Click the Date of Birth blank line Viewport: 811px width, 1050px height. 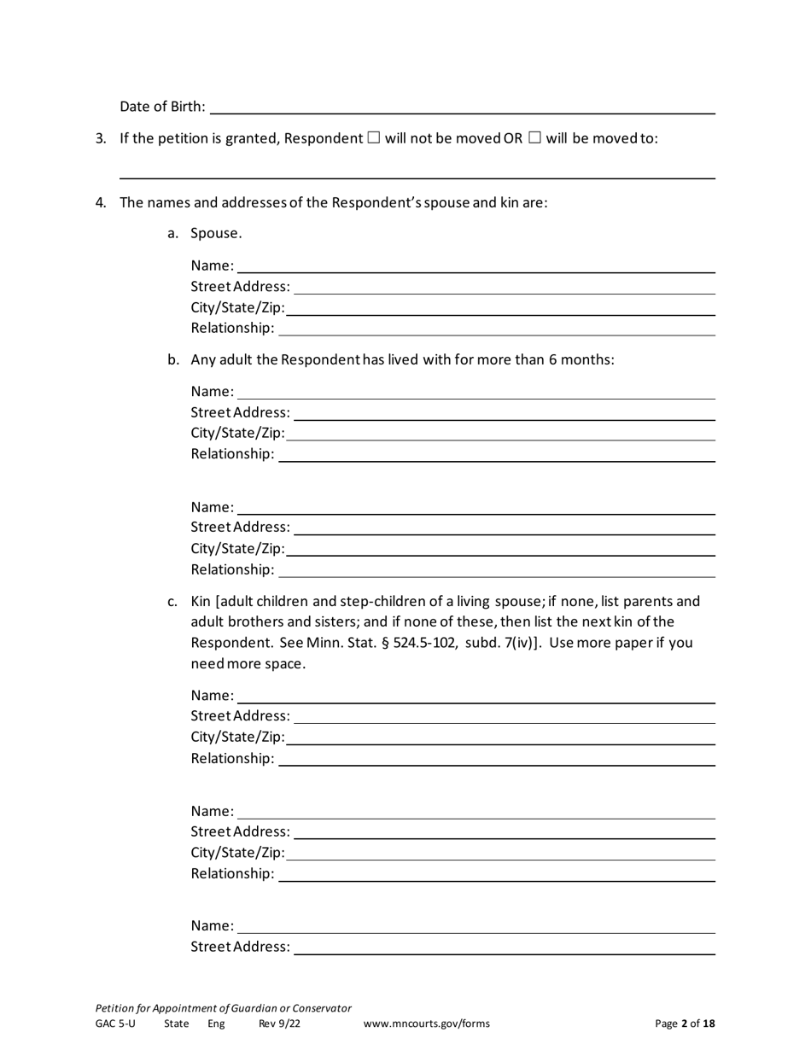pos(461,107)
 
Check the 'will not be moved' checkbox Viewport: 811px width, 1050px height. pos(373,138)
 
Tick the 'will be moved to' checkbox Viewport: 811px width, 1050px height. pos(534,138)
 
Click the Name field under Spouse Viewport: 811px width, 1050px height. pos(476,265)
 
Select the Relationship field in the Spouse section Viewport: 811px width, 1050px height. pos(497,328)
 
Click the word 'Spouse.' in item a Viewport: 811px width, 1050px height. pos(216,233)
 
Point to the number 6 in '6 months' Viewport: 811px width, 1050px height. pos(553,359)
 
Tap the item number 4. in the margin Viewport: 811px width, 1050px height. pos(101,202)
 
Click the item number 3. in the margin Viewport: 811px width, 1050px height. pos(101,138)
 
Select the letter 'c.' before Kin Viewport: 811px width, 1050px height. pos(172,601)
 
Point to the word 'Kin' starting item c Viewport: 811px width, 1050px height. pos(201,601)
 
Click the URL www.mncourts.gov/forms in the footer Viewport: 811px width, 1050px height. pos(426,1024)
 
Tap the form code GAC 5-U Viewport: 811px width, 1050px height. pos(115,1024)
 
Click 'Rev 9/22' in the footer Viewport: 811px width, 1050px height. pos(279,1024)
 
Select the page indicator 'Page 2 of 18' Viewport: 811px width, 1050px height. pos(685,1024)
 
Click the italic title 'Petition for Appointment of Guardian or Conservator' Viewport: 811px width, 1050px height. pos(223,1007)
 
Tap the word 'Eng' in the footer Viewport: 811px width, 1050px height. pos(216,1024)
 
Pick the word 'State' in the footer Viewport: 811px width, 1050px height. pos(177,1024)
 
